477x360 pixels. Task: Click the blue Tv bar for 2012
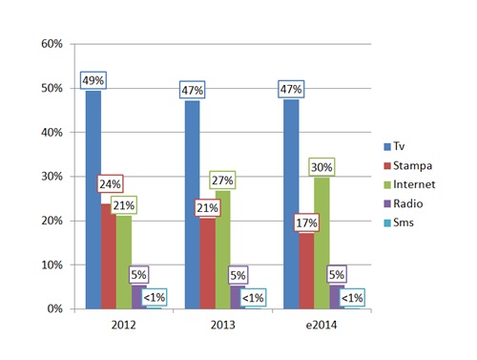[93, 201]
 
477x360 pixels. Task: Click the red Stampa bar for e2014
[306, 272]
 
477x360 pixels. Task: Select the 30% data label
[320, 165]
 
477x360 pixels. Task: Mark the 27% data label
[222, 181]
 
